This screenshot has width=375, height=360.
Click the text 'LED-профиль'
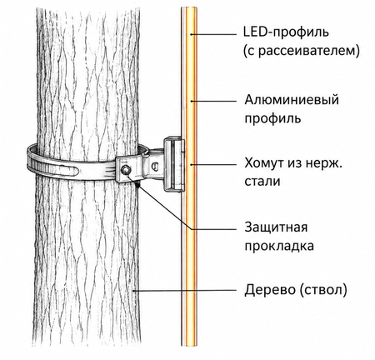coord(286,32)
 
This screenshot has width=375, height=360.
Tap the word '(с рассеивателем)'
coord(302,51)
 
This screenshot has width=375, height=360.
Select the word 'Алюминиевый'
coord(292,100)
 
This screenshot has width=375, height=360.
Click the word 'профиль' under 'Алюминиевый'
coord(272,118)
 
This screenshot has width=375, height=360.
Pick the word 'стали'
coord(262,182)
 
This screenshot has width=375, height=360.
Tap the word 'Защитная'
coord(276,227)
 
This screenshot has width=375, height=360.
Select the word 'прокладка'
coord(279,246)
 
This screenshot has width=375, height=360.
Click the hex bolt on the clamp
coord(126,169)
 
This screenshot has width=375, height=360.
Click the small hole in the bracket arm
coord(154,166)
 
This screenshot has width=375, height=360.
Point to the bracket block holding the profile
coord(174,164)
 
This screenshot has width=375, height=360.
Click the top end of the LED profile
coord(189,7)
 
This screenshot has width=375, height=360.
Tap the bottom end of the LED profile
coord(189,345)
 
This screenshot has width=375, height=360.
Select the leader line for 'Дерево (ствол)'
coord(184,291)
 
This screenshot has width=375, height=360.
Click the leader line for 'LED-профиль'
coord(213,34)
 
